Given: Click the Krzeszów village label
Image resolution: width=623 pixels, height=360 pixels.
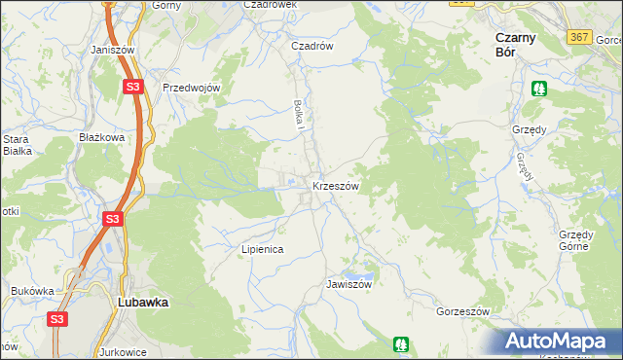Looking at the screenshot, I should click(336, 186).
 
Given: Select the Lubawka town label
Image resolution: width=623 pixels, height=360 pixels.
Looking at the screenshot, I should click(142, 303).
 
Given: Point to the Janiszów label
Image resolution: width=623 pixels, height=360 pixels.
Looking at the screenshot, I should click(110, 49).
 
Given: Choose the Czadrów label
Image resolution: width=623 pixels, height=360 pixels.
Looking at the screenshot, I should click(312, 46).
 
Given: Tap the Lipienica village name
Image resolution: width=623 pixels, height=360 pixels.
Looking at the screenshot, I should click(262, 249).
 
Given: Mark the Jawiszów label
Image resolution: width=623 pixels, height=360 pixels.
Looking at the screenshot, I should click(350, 285).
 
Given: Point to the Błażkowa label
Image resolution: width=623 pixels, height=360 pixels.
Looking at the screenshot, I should click(102, 138).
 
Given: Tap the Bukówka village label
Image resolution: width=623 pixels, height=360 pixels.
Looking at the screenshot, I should click(32, 291).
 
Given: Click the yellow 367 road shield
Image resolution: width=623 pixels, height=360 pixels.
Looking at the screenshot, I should click(579, 36).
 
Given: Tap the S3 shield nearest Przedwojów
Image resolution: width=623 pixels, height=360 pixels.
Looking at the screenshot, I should click(134, 88).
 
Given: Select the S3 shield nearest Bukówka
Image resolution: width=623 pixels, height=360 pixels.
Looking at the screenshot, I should click(57, 318).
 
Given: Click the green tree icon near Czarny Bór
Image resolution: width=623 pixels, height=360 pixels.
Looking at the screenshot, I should click(539, 89).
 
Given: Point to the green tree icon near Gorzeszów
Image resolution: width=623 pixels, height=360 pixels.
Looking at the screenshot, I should click(400, 343).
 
